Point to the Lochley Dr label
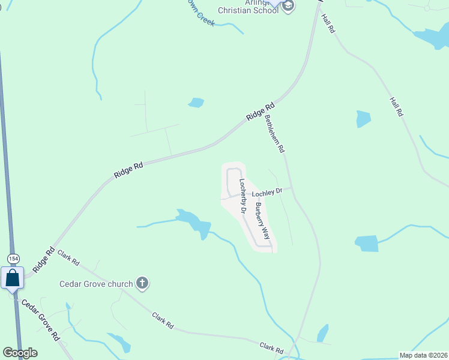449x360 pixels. (267, 193)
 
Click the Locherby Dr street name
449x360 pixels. (243, 196)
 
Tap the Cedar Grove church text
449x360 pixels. (95, 284)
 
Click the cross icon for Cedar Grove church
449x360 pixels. (142, 283)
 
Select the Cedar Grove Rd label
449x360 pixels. (41, 318)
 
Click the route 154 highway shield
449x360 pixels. (13, 258)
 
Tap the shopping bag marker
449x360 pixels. (12, 278)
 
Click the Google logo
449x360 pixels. (20, 353)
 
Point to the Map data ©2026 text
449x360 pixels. (423, 355)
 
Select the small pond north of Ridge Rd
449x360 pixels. (196, 103)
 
